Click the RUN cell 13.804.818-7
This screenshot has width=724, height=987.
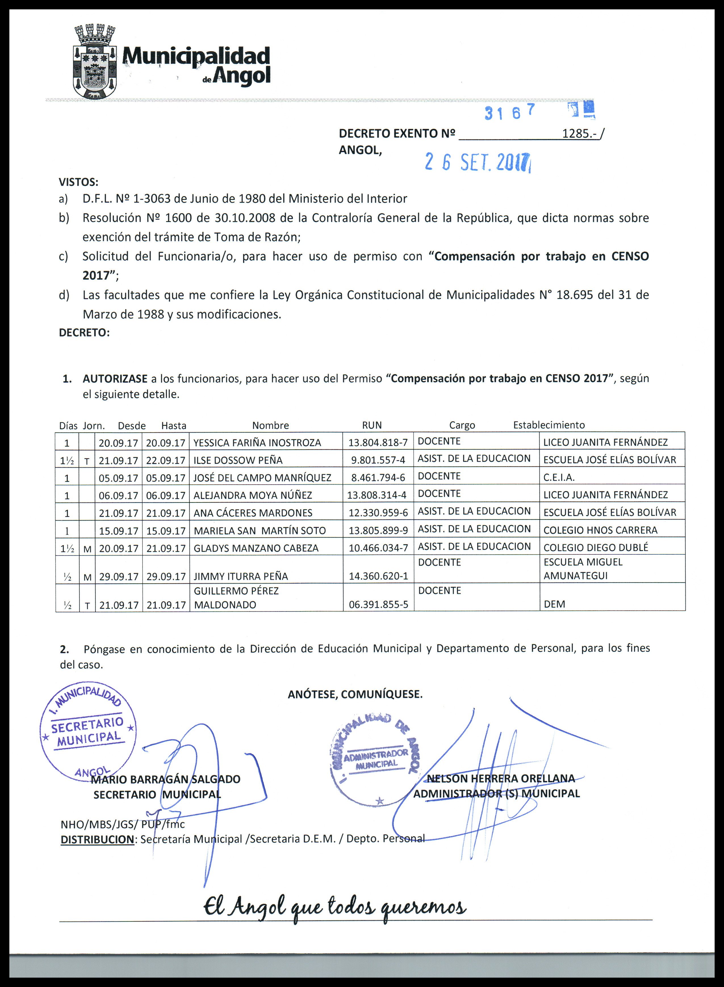click(x=378, y=443)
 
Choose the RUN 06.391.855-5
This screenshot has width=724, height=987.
click(x=378, y=605)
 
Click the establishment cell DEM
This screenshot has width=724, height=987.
click(x=554, y=604)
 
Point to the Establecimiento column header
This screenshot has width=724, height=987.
click(x=549, y=425)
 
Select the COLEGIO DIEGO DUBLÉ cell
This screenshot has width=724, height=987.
click(x=596, y=548)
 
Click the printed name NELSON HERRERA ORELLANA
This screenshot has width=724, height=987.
click(x=501, y=778)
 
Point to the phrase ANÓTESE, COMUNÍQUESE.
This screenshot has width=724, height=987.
click(x=355, y=694)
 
